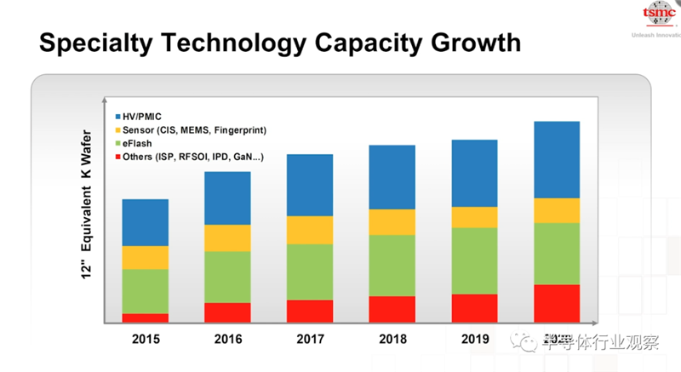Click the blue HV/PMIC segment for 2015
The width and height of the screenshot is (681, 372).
pyautogui.click(x=146, y=222)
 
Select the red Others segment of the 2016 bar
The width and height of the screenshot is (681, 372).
pyautogui.click(x=227, y=312)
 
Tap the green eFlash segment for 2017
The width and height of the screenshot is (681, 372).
pyautogui.click(x=310, y=272)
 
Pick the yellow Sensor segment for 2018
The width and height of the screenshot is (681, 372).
pyautogui.click(x=392, y=221)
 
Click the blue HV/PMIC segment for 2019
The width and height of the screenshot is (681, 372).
pyautogui.click(x=474, y=173)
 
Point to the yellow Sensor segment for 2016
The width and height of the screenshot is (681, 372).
pyautogui.click(x=227, y=238)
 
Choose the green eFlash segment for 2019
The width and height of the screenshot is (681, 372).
pyautogui.click(x=474, y=260)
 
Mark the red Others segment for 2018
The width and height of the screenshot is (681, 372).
pyautogui.click(x=392, y=309)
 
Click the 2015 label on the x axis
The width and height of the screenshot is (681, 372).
pyautogui.click(x=146, y=339)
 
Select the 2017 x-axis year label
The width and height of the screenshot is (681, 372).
pyautogui.click(x=310, y=339)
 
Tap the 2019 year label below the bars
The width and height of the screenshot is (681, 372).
pyautogui.click(x=474, y=339)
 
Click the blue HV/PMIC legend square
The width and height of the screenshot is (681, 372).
pyautogui.click(x=118, y=116)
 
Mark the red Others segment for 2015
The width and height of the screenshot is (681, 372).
pyautogui.click(x=146, y=318)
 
